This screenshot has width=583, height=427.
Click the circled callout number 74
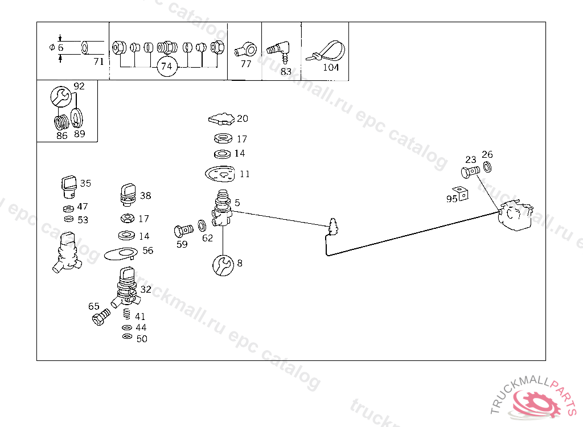pyautogui.click(x=167, y=67)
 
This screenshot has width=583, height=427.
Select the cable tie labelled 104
pyautogui.click(x=326, y=51)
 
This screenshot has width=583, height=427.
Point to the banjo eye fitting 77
pyautogui.click(x=246, y=50)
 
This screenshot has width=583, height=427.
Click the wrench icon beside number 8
pyautogui.click(x=223, y=265)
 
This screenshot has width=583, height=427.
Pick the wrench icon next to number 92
pyautogui.click(x=61, y=97)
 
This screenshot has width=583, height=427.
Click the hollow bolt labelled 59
pyautogui.click(x=183, y=231)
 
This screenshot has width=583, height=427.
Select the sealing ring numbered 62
pyautogui.click(x=202, y=225)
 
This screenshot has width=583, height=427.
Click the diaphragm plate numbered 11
pyautogui.click(x=220, y=174)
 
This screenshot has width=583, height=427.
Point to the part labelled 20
pyautogui.click(x=221, y=118)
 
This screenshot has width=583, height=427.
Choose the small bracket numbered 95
pyautogui.click(x=461, y=194)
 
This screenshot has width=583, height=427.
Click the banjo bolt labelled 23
pyautogui.click(x=470, y=172)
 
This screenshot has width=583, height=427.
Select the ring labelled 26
pyautogui.click(x=487, y=167)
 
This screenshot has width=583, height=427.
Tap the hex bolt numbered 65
pyautogui.click(x=101, y=317)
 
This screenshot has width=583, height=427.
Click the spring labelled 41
pyautogui.click(x=127, y=314)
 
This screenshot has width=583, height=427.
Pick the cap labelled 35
pyautogui.click(x=69, y=187)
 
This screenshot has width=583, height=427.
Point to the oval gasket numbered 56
pyautogui.click(x=121, y=254)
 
